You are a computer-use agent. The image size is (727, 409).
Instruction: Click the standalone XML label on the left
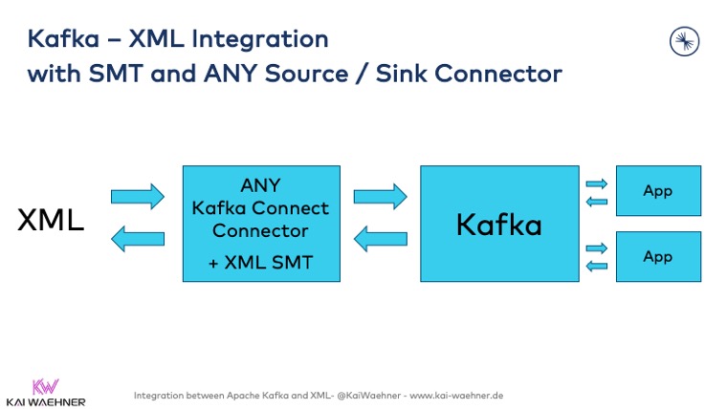51,221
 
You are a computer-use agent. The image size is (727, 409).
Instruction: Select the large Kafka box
498,224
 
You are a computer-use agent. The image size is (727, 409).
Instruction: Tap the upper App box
657,190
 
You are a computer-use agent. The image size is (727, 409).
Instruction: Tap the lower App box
657,256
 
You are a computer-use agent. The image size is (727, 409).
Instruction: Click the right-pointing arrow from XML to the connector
137,197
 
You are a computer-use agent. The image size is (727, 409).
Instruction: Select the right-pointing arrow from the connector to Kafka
380,197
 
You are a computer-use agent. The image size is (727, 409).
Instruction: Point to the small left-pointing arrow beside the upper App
596,201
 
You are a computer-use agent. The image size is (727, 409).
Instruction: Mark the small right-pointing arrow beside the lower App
596,248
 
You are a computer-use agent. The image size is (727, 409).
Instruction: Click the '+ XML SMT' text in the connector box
260,262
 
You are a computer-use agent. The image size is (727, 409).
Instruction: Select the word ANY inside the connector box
260,184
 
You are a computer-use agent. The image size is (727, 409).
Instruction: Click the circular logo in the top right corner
685,40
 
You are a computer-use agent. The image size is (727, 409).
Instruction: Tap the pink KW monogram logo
45,386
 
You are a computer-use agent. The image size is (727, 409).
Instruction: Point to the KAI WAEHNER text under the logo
45,401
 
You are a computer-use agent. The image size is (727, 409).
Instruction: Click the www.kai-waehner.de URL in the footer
456,395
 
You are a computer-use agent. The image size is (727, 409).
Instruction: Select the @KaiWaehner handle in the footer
366,395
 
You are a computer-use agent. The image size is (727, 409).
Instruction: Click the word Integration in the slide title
252,39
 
